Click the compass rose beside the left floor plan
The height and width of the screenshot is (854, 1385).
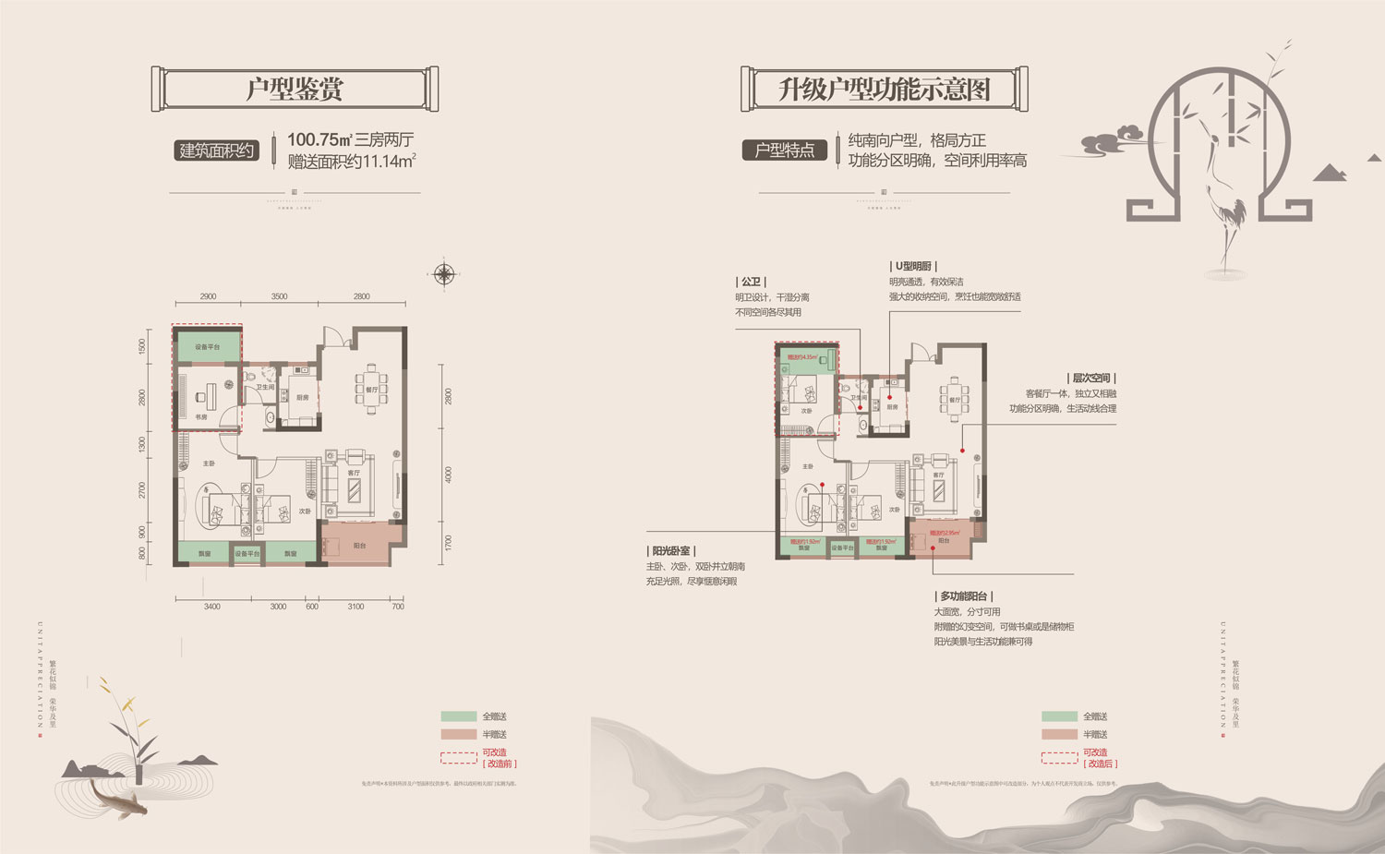pyautogui.click(x=444, y=273)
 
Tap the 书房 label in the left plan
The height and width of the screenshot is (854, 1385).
pyautogui.click(x=201, y=417)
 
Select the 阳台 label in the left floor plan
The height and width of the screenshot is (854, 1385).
pyautogui.click(x=359, y=546)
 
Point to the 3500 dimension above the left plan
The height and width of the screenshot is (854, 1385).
pyautogui.click(x=279, y=296)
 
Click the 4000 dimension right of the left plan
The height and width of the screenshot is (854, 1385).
pyautogui.click(x=449, y=475)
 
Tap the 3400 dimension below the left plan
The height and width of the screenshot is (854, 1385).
pyautogui.click(x=211, y=607)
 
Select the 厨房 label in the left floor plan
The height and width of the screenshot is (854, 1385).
pyautogui.click(x=303, y=398)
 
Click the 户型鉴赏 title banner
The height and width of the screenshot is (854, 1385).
pyautogui.click(x=295, y=90)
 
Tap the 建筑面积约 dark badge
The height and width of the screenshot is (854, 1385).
pyautogui.click(x=216, y=150)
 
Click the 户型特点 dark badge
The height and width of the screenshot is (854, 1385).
pyautogui.click(x=784, y=150)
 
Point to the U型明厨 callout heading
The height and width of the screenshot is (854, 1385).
pyautogui.click(x=912, y=266)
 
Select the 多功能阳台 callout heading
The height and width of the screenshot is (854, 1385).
pyautogui.click(x=964, y=596)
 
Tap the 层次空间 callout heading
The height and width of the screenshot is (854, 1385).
pyautogui.click(x=1090, y=379)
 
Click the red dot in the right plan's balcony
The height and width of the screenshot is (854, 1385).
pyautogui.click(x=933, y=547)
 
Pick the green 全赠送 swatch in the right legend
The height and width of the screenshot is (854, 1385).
pyautogui.click(x=1059, y=716)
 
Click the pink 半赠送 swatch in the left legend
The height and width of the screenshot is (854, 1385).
pyautogui.click(x=458, y=735)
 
